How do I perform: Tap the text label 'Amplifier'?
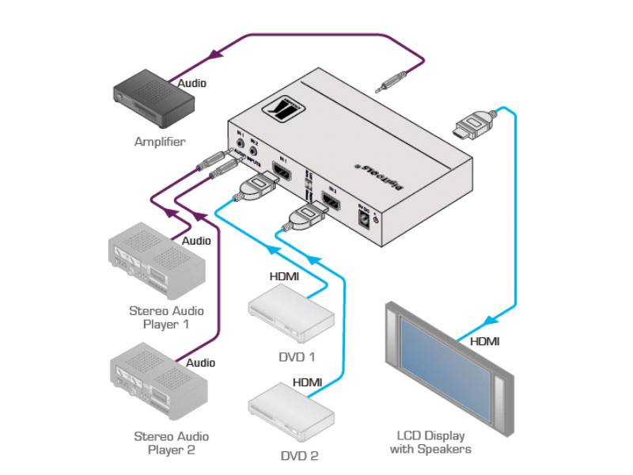[159, 142]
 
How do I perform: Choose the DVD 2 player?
[290, 411]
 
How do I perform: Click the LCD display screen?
[446, 363]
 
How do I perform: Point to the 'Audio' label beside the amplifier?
[193, 83]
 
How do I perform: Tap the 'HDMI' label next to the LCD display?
[484, 342]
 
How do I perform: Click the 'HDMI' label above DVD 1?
[286, 276]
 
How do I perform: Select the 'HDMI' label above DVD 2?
[307, 382]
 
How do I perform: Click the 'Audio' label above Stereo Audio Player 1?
[196, 241]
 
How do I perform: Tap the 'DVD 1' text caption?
[298, 356]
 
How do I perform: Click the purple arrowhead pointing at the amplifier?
[214, 55]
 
